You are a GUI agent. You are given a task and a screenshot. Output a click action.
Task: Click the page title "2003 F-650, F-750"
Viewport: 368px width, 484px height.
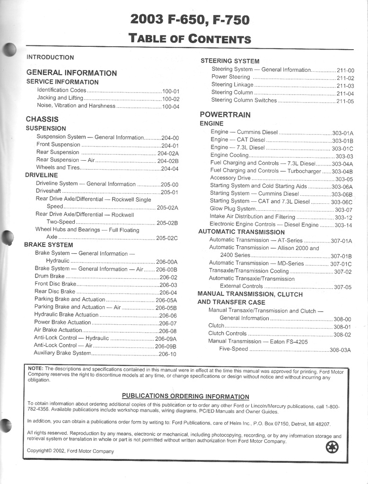[x=190, y=20]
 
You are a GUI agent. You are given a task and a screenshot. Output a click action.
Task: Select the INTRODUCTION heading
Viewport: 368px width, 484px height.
[x=50, y=57]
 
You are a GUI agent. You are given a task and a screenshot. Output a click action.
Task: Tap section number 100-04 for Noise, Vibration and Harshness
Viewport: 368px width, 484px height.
[x=171, y=106]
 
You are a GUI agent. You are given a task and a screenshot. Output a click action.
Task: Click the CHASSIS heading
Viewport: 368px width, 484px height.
[x=42, y=119]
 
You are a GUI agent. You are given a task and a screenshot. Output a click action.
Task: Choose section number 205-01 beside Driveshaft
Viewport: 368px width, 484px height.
[x=169, y=192]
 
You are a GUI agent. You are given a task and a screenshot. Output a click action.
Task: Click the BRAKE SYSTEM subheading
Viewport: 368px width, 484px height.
[x=48, y=245]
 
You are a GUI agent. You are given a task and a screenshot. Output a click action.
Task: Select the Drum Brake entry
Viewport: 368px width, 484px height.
[x=50, y=276]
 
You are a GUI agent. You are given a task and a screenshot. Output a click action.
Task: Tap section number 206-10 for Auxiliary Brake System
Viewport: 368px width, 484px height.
[x=167, y=354]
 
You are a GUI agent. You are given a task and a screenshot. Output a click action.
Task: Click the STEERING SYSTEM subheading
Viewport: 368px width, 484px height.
[x=230, y=61]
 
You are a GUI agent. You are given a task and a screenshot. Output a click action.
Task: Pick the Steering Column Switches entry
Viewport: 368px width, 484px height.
[x=244, y=100]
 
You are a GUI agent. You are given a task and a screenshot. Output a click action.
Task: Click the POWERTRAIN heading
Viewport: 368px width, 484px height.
[x=225, y=114]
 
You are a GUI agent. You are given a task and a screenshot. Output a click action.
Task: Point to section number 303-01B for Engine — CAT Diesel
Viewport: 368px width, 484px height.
[x=342, y=141]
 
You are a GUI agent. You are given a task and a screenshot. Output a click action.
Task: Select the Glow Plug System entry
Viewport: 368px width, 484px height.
[x=233, y=208]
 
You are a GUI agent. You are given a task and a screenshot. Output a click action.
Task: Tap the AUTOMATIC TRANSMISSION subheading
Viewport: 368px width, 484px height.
[x=241, y=232]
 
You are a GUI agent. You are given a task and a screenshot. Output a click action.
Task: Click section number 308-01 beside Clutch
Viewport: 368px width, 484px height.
[x=342, y=327]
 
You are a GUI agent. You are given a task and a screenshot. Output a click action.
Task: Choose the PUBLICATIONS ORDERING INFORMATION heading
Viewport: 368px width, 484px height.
[x=185, y=396]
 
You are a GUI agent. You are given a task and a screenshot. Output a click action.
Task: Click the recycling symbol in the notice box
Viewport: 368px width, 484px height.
[x=332, y=447]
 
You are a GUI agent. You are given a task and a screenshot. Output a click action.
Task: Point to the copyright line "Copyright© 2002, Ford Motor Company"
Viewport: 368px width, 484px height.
[x=70, y=451]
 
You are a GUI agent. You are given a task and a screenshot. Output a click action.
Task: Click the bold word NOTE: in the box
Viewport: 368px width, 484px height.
[x=35, y=368]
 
